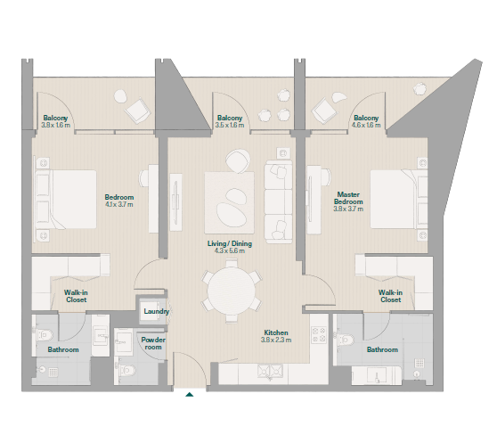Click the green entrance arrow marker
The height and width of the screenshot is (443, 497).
pos(189,395)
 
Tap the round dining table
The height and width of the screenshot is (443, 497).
pos(231,291)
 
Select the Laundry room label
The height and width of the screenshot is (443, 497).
pos(156,311)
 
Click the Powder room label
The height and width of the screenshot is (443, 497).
pos(153,343)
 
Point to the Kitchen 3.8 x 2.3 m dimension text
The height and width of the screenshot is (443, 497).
pos(276,340)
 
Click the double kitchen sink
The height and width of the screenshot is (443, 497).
pos(270,371)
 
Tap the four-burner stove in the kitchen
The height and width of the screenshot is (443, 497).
pos(319,335)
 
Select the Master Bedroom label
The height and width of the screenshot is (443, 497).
pos(348,198)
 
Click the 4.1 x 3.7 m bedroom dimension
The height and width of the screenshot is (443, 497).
pos(119,204)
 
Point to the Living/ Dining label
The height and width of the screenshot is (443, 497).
pos(230,243)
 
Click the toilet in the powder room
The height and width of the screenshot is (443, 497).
pos(128,370)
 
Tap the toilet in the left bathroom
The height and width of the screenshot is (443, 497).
pos(45,334)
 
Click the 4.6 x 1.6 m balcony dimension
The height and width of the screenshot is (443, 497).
pos(366,126)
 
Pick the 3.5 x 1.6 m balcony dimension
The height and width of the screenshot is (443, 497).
pos(230,126)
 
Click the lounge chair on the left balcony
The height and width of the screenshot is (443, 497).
pos(137,111)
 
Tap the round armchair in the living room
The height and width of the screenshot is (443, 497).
pos(238,161)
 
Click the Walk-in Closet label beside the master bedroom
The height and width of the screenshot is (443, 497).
pos(390,296)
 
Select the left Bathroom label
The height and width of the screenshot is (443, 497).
pos(63,349)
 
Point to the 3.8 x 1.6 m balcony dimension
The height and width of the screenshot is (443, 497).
pos(56,126)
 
